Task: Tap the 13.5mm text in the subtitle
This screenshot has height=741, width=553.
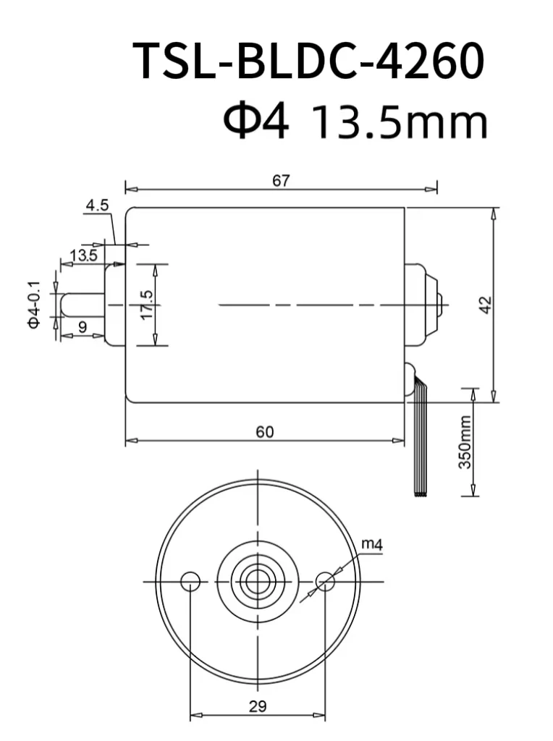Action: (x=399, y=123)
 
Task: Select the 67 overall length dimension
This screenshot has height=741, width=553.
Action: (x=281, y=181)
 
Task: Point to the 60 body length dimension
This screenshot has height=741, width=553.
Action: (x=265, y=432)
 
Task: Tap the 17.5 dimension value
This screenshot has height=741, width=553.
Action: (x=147, y=305)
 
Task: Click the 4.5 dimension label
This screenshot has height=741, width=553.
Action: (x=96, y=206)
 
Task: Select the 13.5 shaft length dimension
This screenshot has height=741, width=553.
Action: (x=83, y=255)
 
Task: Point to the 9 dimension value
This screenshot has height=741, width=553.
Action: (x=82, y=327)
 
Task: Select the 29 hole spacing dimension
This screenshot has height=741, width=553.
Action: (x=257, y=706)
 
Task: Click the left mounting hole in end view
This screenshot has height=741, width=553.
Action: (x=190, y=580)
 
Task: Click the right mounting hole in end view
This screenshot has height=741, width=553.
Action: (x=326, y=580)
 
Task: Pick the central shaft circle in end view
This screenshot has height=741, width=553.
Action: (x=258, y=580)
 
